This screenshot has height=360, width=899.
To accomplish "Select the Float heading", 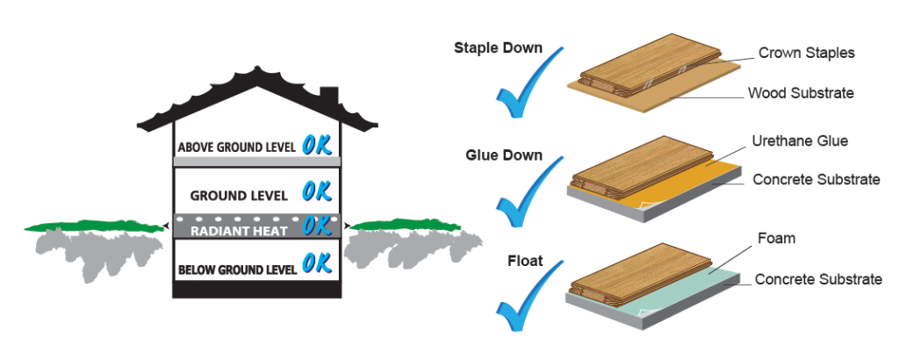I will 524,260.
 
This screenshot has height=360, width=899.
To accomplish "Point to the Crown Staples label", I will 806,54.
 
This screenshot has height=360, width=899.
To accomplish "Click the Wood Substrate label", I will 800,92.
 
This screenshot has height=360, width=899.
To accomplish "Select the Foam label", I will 775,238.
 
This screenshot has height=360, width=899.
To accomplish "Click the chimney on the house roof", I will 328,95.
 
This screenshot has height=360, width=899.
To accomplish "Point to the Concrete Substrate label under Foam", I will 817,279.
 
